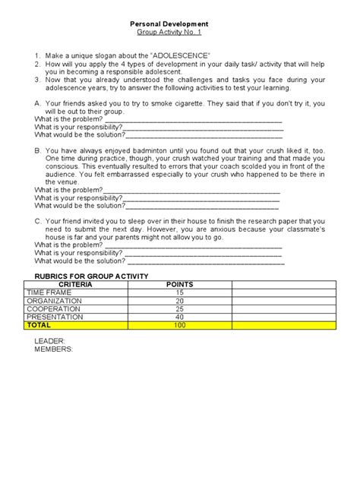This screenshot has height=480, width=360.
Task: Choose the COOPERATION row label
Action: click(57, 309)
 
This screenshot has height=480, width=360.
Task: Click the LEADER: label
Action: click(49, 342)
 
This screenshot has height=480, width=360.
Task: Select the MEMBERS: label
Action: click(53, 350)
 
